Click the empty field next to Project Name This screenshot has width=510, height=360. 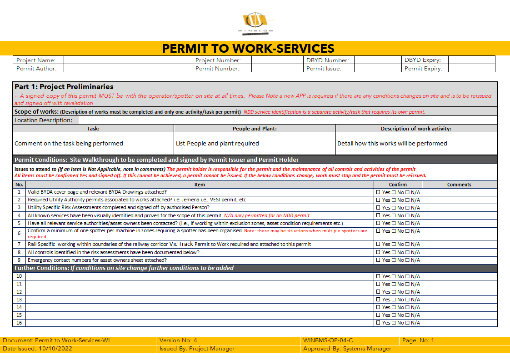127,60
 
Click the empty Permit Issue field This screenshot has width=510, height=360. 377,68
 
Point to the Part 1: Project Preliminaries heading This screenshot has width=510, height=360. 64,86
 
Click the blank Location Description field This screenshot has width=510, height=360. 286,120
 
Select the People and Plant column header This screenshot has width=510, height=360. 255,129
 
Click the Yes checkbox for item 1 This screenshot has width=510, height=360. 378,192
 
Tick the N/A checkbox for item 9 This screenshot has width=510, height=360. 408,260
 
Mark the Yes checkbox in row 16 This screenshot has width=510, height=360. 378,323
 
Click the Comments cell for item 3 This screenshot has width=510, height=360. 459,207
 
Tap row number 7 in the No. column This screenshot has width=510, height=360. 19,244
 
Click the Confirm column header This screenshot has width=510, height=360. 398,185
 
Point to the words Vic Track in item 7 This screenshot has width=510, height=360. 181,244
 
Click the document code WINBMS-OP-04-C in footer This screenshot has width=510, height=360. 328,340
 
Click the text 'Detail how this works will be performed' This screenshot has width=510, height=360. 392,143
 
